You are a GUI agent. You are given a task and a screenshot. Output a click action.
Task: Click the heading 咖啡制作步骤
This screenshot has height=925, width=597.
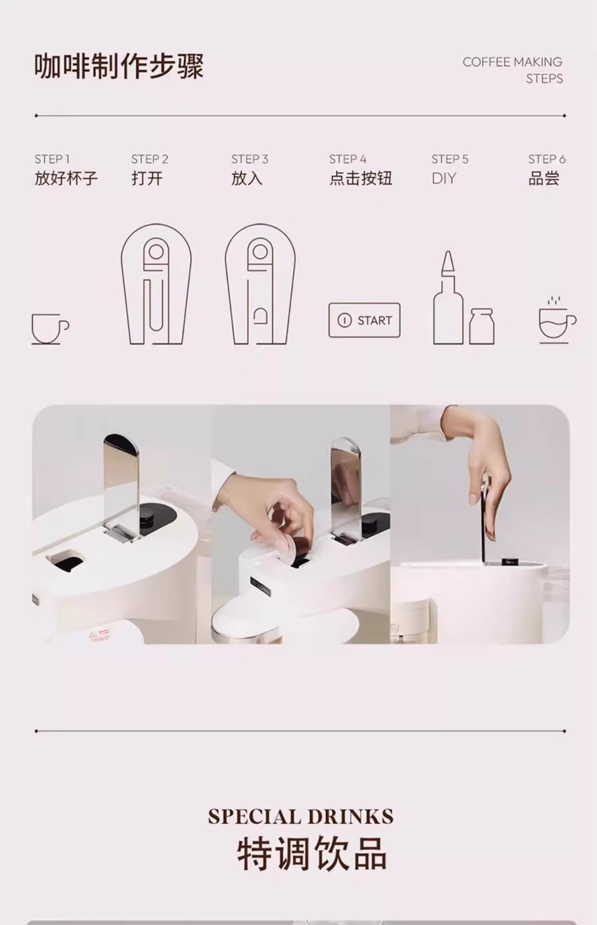coord(119,66)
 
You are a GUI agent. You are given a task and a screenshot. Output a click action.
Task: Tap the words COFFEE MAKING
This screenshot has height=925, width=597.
coord(512,62)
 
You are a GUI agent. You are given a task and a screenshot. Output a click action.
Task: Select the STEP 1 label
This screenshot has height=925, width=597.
coord(52,159)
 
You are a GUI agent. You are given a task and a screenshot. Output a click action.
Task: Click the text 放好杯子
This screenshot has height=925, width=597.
coord(66,178)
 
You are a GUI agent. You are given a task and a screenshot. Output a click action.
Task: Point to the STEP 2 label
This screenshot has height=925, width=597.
coord(150,159)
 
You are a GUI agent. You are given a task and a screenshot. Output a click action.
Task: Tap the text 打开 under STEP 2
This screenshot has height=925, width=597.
coord(147,178)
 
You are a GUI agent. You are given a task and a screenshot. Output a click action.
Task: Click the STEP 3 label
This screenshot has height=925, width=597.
coord(249,159)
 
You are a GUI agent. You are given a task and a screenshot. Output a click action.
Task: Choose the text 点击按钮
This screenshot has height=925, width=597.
coord(361,178)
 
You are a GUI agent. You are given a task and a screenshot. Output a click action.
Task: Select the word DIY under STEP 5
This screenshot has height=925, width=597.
coord(443,178)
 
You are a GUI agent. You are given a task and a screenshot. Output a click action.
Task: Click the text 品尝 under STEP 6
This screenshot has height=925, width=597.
coord(544,178)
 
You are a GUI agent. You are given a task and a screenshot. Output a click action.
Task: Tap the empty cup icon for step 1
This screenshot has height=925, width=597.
coord(50,329)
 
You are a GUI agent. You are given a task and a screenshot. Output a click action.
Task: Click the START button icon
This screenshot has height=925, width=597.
coord(364,320)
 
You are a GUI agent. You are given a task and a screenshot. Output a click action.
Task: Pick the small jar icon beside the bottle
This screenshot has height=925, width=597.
coord(481,326)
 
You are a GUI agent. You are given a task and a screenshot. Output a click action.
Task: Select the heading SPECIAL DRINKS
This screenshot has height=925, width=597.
coord(301,817)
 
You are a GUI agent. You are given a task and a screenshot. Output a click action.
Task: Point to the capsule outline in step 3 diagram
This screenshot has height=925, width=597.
coord(260,317)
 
